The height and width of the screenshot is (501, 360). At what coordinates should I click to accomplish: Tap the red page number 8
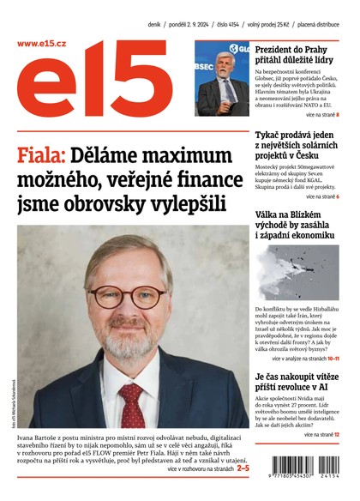tap(337, 114)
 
